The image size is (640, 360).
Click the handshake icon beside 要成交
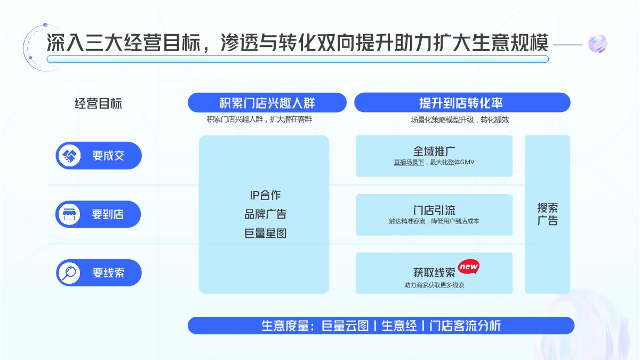coord(69,156)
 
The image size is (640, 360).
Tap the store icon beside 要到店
coord(69,214)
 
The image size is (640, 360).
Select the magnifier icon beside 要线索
coord(69,273)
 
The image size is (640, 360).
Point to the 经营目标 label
coord(98,103)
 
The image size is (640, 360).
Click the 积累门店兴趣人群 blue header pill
coord(267,103)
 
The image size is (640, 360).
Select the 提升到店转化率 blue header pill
coord(462,103)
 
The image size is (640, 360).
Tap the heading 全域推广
coord(434,151)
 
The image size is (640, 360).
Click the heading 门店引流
coord(434,210)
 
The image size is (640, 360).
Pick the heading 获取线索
coord(434,273)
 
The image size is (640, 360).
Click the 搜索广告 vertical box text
coord(547,214)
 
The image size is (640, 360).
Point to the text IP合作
coord(265,195)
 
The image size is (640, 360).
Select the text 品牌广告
coord(265,214)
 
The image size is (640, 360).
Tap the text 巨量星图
coord(265,233)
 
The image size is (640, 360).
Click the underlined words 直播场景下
coord(409,162)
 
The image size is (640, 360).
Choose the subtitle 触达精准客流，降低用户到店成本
coord(434,221)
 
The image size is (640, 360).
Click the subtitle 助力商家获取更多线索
coord(434,285)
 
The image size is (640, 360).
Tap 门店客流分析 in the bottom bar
coord(465,326)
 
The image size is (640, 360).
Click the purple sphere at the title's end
coord(597,44)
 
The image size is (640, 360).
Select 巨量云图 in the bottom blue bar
coord(345,326)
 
